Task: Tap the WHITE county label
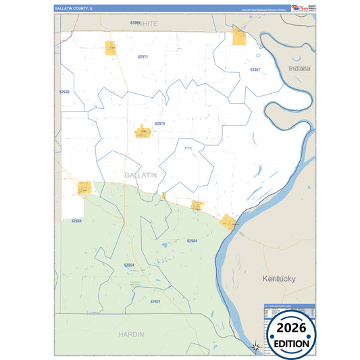(x=144, y=24)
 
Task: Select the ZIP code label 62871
(x=143, y=57)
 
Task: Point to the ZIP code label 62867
(x=255, y=70)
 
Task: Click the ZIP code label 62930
(x=64, y=91)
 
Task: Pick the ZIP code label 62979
(x=159, y=124)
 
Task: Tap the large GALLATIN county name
(x=140, y=174)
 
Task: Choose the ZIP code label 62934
(x=76, y=221)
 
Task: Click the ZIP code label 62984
(x=192, y=240)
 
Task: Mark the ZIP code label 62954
(x=129, y=265)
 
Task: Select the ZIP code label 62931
(x=155, y=301)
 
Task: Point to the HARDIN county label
(x=131, y=334)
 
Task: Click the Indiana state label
(x=299, y=69)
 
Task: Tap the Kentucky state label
(x=279, y=278)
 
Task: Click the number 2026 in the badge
(x=291, y=328)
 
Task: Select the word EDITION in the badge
(x=291, y=344)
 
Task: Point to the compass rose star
(x=256, y=347)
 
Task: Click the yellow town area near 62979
(x=143, y=131)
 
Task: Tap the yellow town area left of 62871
(x=111, y=48)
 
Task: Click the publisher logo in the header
(x=298, y=7)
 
